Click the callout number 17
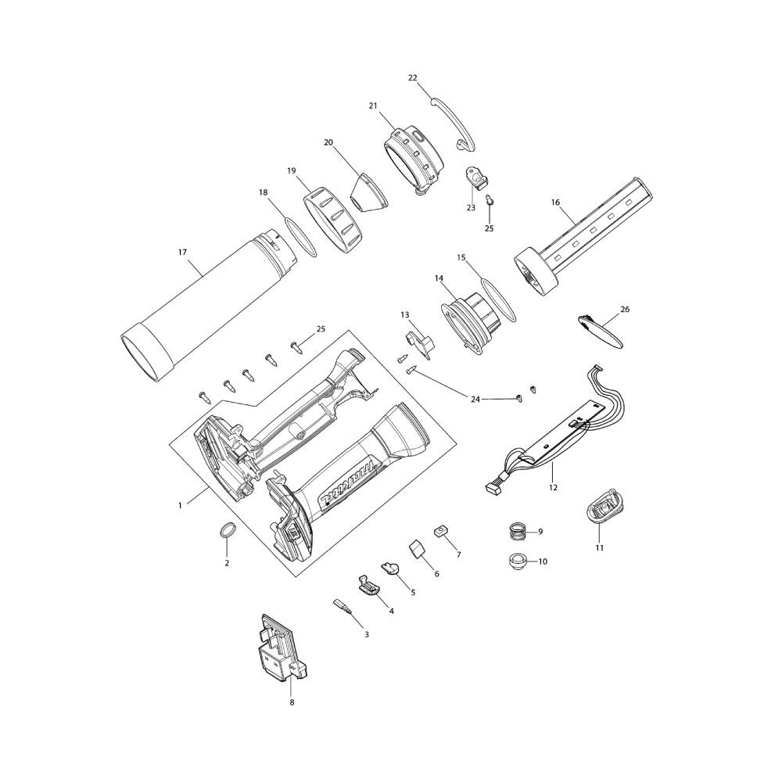click(x=182, y=253)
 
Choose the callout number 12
click(x=553, y=487)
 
